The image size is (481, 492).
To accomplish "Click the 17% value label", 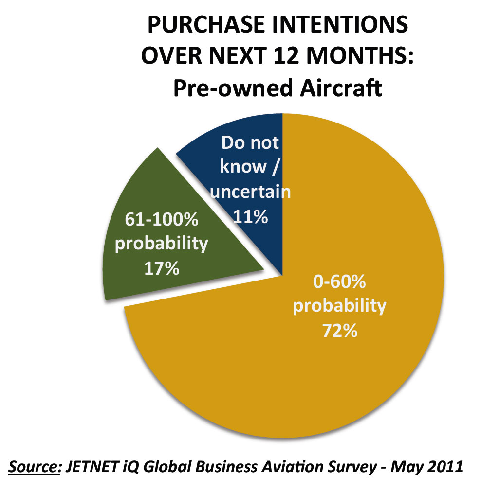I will tap(162, 268).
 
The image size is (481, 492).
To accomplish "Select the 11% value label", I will tap(250, 217).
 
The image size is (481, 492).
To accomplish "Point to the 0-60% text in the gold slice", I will tap(339, 282).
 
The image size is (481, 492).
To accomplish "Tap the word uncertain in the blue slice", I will tap(250, 192).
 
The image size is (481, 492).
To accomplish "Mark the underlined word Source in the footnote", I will tap(33, 467).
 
